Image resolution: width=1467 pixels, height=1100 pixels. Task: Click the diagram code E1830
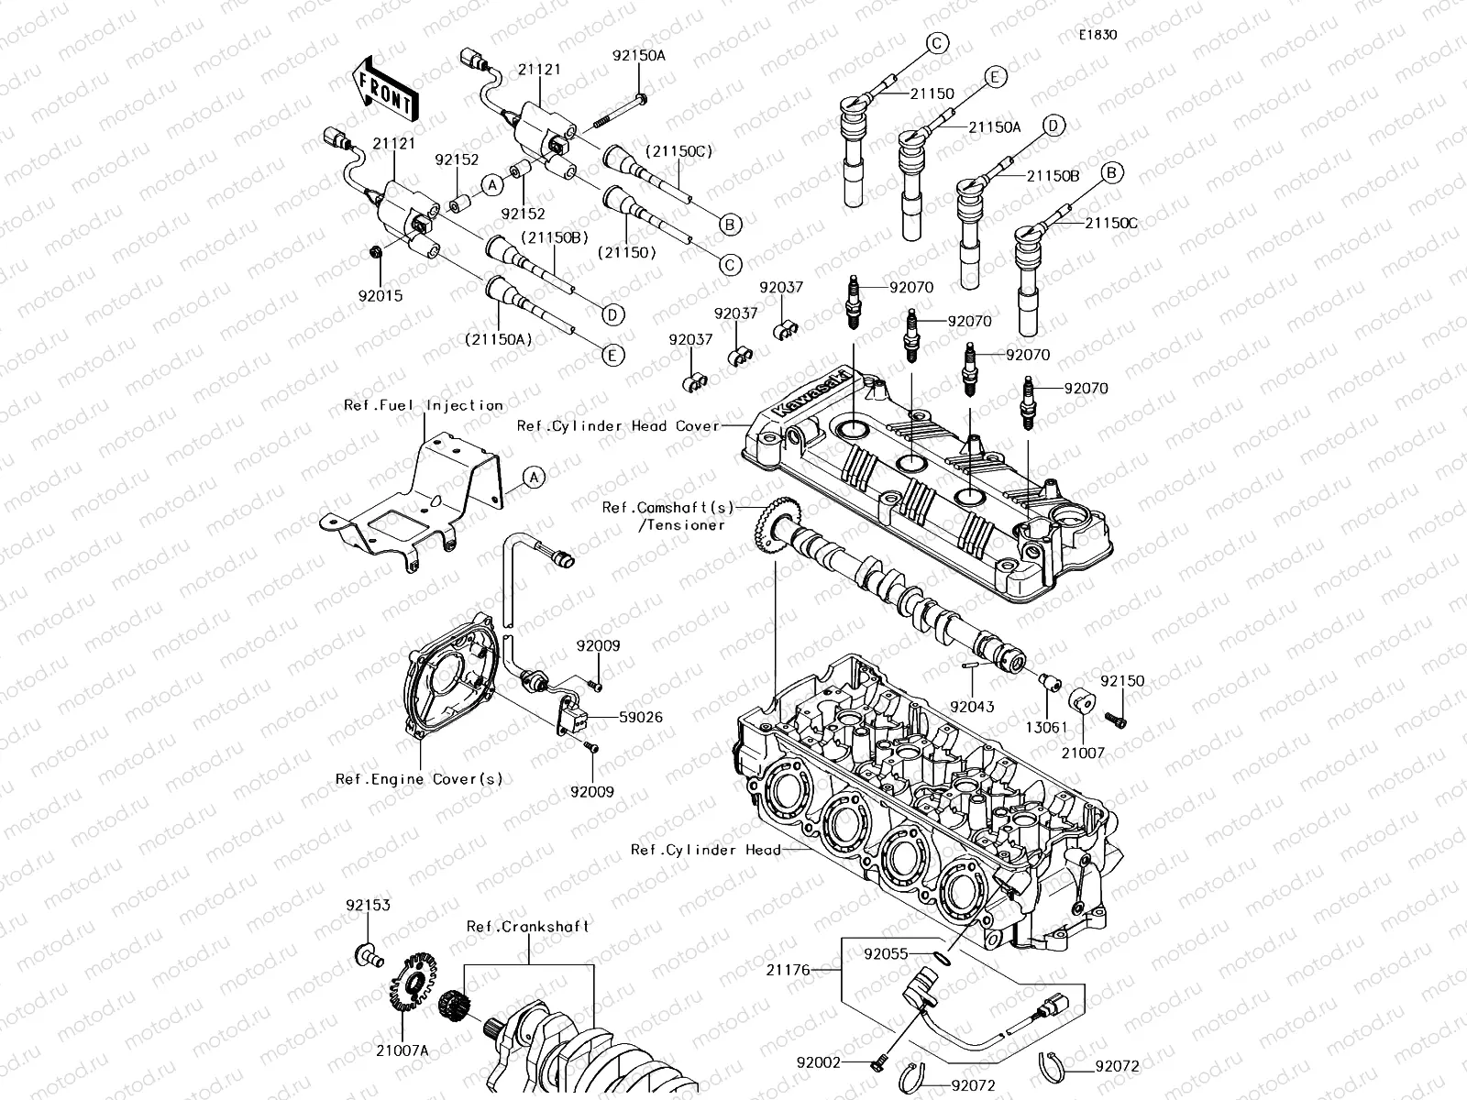pos(1097,36)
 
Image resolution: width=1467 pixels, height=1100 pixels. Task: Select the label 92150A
pos(639,55)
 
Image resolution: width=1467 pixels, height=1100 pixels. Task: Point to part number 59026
pos(640,718)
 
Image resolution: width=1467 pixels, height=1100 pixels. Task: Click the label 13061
pos(1045,727)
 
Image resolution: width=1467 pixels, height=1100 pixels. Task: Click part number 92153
pos(368,905)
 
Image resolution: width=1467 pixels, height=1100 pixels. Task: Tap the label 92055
pos(886,953)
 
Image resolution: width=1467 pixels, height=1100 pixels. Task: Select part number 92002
pos(818,1062)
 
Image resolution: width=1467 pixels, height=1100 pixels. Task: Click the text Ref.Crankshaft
pos(528,927)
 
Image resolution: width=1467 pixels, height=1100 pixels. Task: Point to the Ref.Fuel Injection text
pos(424,404)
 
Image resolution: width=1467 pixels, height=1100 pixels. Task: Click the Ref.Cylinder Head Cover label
pos(618,425)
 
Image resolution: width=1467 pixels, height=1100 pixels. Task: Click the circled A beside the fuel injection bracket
pos(535,477)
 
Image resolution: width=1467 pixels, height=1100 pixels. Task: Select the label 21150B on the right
pos(1053,175)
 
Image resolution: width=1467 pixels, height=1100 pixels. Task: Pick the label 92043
pos(971,707)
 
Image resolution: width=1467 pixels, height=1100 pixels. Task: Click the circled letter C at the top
pos(936,42)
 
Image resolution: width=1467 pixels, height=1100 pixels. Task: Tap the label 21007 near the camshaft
pos(1084,753)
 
